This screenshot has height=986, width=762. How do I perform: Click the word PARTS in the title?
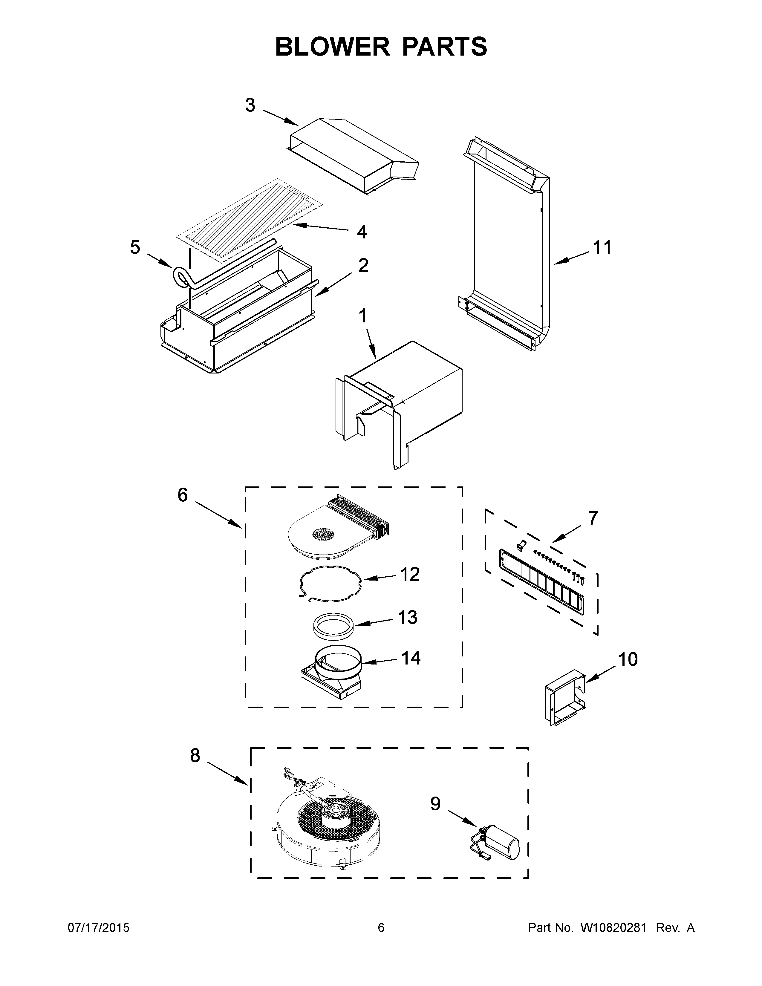point(444,47)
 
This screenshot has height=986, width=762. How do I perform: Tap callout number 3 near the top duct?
point(250,105)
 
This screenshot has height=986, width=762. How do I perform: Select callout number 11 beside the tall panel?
point(602,247)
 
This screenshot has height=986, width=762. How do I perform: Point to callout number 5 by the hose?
point(135,247)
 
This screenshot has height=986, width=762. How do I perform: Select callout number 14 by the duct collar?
point(411,658)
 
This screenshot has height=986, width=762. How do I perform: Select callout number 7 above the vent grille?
point(593,518)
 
